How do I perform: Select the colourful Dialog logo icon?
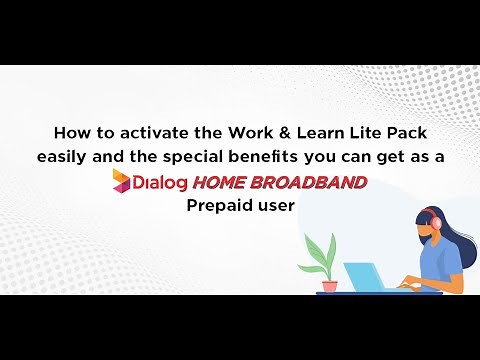123,181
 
